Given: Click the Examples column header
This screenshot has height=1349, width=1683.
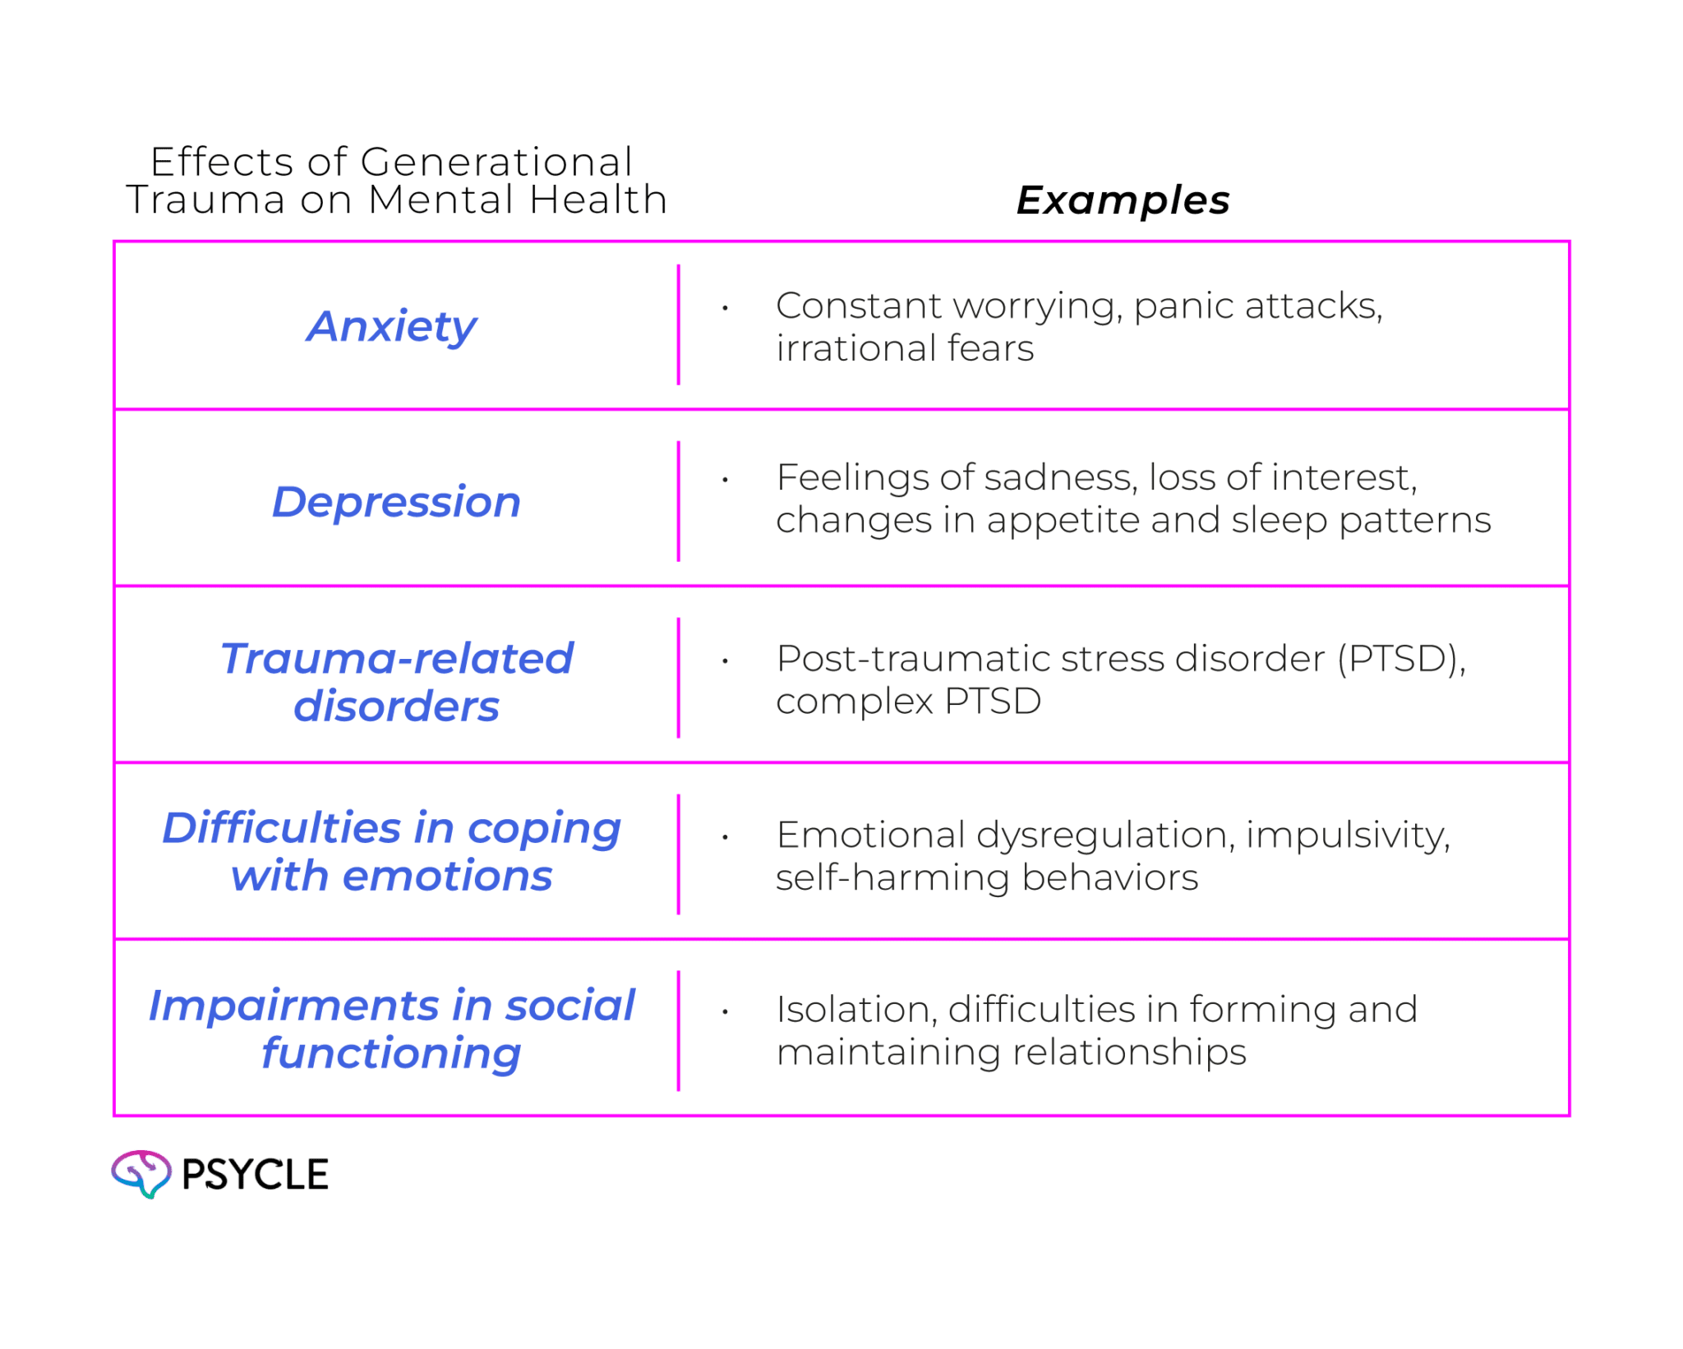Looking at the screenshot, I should (x=1123, y=200).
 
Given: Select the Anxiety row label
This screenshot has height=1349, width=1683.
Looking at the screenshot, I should (x=391, y=327).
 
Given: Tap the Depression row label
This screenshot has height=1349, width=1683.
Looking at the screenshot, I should (x=396, y=502).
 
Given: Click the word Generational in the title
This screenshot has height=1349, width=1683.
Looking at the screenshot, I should (x=496, y=162).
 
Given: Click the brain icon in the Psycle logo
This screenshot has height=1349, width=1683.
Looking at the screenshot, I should (x=141, y=1173).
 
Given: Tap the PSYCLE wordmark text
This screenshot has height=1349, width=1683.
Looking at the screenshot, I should (x=255, y=1174).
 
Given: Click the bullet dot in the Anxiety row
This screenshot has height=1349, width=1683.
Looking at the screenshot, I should (x=725, y=308).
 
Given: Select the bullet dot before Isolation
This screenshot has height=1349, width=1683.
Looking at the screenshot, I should (x=725, y=1012).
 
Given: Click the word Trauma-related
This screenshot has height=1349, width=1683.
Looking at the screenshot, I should (x=396, y=659).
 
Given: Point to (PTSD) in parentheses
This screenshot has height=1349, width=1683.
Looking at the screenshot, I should (x=1400, y=659).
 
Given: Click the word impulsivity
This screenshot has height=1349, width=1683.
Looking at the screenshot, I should (x=1348, y=835).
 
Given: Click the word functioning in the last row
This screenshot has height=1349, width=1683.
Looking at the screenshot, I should (x=391, y=1053).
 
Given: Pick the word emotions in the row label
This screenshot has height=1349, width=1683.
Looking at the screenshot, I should (x=448, y=876).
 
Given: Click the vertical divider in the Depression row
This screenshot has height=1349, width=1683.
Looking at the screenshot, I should (x=679, y=501).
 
